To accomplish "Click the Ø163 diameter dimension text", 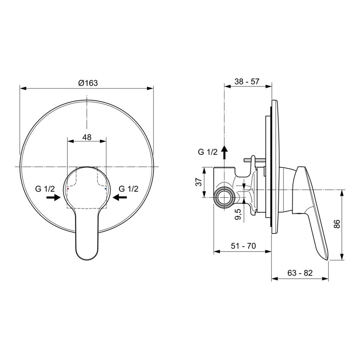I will pyautogui.click(x=88, y=83).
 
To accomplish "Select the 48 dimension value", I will pyautogui.click(x=86, y=137).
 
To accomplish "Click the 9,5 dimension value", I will pyautogui.click(x=239, y=214).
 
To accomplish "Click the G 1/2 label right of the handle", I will pyautogui.click(x=128, y=188).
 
